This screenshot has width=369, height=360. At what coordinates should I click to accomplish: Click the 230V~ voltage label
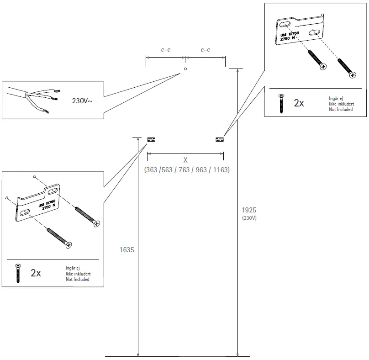tap(82, 101)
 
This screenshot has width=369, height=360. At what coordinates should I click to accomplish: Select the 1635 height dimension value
tap(127, 250)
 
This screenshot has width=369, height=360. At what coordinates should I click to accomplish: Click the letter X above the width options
tap(185, 160)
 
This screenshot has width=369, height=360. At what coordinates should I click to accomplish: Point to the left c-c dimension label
tap(166, 50)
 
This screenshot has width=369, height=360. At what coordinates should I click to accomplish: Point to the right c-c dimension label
tap(206, 50)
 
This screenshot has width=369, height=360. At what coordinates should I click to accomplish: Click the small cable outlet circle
tap(185, 69)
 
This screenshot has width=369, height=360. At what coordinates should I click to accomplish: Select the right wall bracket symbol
tap(219, 139)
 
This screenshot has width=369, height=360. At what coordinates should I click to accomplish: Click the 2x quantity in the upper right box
tap(299, 103)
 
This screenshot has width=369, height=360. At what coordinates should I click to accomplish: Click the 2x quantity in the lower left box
tap(36, 273)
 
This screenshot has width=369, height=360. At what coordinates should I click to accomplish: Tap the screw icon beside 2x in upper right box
tap(281, 103)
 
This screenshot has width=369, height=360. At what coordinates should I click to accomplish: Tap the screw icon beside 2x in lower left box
tap(18, 273)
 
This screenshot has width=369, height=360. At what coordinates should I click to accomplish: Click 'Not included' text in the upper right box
tap(341, 109)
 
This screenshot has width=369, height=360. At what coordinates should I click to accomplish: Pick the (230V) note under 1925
tap(249, 218)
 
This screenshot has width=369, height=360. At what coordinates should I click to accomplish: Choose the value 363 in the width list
tap(151, 169)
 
